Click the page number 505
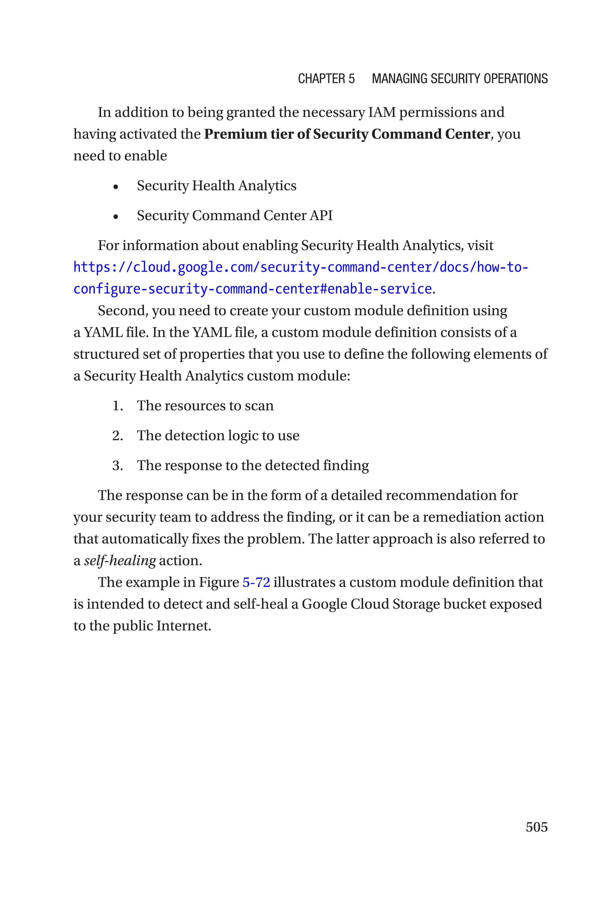[536, 827]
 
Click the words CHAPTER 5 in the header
[326, 79]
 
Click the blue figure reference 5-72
[256, 582]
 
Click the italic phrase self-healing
[120, 560]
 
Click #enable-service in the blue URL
[375, 289]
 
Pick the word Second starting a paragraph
[122, 310]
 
